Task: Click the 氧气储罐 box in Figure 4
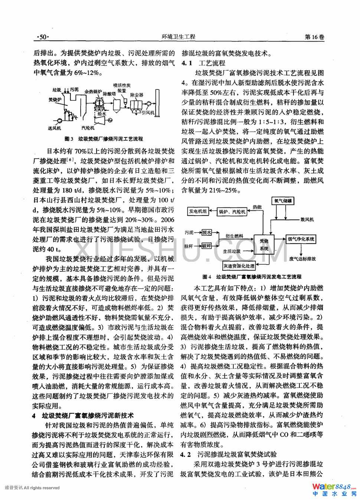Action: click(x=283, y=201)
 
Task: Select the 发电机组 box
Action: click(x=198, y=211)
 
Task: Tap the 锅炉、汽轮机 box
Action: click(x=232, y=212)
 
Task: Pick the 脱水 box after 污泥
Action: click(x=206, y=233)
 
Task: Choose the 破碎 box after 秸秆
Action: click(x=206, y=246)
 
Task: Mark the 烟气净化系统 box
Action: click(x=301, y=239)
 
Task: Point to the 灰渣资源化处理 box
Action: click(x=239, y=266)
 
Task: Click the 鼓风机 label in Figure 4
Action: click(x=307, y=219)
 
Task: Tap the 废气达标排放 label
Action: click(x=303, y=258)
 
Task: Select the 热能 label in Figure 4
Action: click(x=257, y=207)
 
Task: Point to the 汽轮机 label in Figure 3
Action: click(x=88, y=128)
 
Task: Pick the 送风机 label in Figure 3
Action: click(x=55, y=128)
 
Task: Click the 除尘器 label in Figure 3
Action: click(x=137, y=95)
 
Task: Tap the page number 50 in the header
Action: click(x=42, y=37)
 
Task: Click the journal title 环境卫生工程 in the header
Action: click(x=179, y=37)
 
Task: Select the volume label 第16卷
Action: click(x=314, y=37)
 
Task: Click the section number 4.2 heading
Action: click(x=186, y=454)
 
